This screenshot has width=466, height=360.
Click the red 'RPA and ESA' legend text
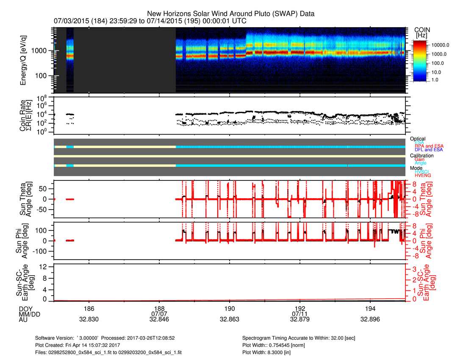pyautogui.click(x=429, y=146)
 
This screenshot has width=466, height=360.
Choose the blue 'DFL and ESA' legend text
pyautogui.click(x=429, y=150)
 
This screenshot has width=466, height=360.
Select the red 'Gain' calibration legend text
pyautogui.click(x=421, y=159)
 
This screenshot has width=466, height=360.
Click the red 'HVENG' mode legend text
pyautogui.click(x=423, y=175)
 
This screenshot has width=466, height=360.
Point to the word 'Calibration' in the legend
pyautogui.click(x=422, y=155)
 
